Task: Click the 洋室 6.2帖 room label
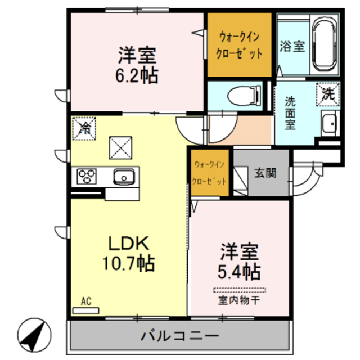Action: click(137, 65)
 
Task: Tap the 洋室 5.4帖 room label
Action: click(239, 262)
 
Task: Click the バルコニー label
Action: click(180, 337)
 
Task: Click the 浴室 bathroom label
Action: click(292, 47)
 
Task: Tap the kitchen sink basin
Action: click(123, 178)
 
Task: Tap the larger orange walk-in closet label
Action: click(240, 45)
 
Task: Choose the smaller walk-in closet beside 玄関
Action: click(210, 173)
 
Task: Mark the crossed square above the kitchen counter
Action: click(119, 147)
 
